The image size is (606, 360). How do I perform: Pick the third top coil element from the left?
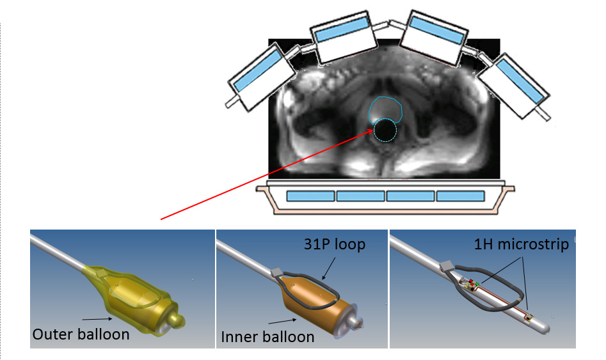(434, 37)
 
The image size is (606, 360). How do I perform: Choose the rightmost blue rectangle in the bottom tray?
(461, 196)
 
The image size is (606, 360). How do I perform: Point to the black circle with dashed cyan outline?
(385, 130)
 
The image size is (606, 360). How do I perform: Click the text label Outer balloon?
(81, 334)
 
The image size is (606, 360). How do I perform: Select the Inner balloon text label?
(267, 336)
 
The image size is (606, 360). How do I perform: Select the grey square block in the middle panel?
(276, 274)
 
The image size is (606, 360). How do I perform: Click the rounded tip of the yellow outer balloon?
(182, 317)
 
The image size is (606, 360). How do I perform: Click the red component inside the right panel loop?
(472, 282)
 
